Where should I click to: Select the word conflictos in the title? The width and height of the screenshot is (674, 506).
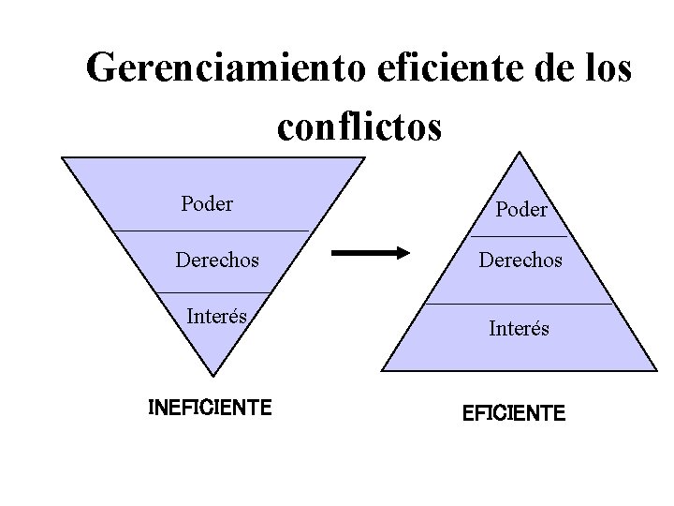[x=359, y=126]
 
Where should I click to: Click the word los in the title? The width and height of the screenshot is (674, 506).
[x=603, y=67]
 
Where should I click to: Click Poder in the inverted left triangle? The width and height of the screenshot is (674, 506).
[x=207, y=203]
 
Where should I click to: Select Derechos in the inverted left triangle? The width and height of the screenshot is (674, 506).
[x=218, y=260]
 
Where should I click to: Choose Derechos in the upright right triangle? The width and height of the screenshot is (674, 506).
[x=520, y=260]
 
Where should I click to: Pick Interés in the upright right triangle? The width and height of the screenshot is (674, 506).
[x=519, y=329]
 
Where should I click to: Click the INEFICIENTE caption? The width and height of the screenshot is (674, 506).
[x=211, y=408]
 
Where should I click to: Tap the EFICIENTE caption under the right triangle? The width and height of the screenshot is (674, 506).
[x=514, y=412]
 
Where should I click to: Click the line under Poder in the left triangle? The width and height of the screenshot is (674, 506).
[x=211, y=231]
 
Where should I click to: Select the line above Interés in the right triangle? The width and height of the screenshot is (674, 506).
[x=519, y=304]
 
